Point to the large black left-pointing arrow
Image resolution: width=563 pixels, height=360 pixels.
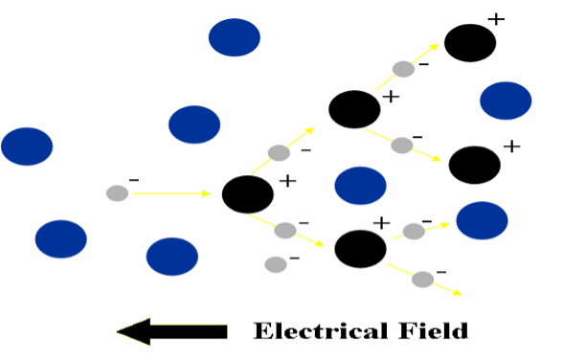point(172,331)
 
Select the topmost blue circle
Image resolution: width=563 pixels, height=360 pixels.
point(235,37)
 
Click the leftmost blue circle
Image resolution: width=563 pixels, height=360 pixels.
point(27,146)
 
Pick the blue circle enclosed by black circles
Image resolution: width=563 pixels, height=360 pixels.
point(360,186)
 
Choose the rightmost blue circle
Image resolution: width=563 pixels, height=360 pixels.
point(506,101)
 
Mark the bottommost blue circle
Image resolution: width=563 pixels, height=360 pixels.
point(172,257)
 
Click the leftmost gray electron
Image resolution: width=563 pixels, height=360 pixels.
point(117,193)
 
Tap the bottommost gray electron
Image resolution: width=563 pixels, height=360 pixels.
point(422,280)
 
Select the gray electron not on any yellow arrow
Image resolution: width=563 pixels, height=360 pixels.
point(276,264)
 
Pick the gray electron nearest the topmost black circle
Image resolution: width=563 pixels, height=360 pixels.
point(404,69)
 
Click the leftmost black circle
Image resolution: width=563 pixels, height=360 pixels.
point(248,194)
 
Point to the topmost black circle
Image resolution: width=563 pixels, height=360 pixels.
point(470,43)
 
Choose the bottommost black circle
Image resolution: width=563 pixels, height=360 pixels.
point(360,249)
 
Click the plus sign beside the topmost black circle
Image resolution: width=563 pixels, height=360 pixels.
point(495,18)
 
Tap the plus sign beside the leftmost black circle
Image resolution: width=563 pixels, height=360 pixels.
point(287,180)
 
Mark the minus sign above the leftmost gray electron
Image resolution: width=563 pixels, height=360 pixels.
point(133,180)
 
